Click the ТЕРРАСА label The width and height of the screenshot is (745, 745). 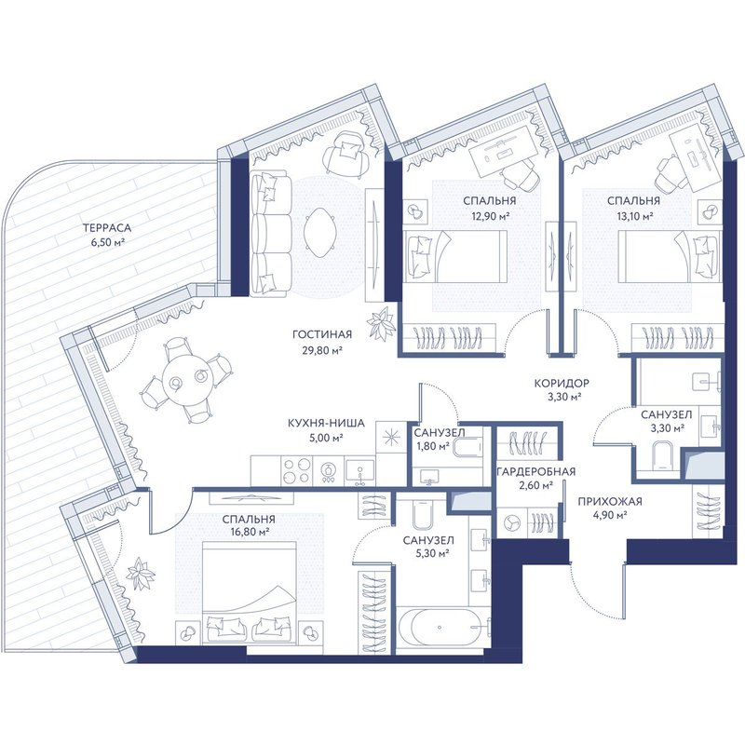tap(107, 228)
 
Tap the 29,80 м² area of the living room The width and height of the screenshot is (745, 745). tap(322, 351)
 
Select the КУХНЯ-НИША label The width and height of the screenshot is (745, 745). tap(327, 423)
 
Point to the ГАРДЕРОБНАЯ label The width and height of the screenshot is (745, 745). tap(536, 471)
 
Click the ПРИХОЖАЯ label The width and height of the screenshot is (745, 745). tap(610, 501)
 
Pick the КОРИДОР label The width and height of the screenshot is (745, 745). tap(562, 383)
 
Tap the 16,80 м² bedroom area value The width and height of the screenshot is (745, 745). tap(249, 532)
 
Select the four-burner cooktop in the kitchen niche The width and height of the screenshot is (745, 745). tap(296, 471)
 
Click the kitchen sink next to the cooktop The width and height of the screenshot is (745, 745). tap(359, 471)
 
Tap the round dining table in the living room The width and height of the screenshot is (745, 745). tap(185, 379)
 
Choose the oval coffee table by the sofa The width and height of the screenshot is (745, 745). tap(320, 234)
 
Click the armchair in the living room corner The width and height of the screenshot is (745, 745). tap(346, 153)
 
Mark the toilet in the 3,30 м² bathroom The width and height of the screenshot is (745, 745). tap(665, 455)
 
